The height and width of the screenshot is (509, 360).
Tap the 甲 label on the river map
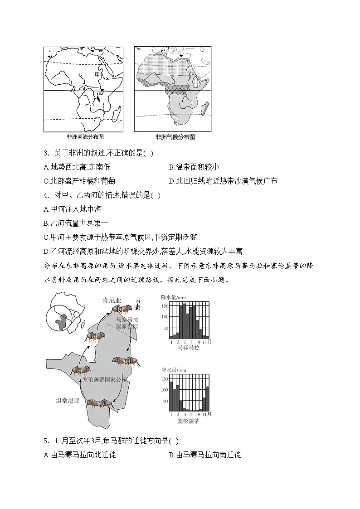coord(97,74)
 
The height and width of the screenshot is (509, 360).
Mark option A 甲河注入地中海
coord(73,209)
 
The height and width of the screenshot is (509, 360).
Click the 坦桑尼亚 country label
coord(67,400)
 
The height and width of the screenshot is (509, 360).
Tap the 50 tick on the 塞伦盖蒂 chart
coord(166,402)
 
